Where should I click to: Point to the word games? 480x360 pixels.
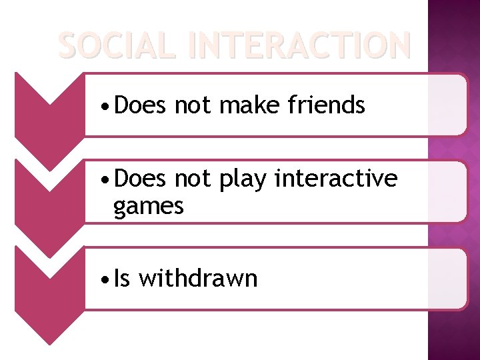(148, 207)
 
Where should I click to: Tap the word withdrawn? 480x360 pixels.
(197, 278)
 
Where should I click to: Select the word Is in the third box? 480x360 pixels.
(122, 278)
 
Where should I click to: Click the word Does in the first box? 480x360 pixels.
(139, 105)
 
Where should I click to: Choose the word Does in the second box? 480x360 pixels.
(139, 179)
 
